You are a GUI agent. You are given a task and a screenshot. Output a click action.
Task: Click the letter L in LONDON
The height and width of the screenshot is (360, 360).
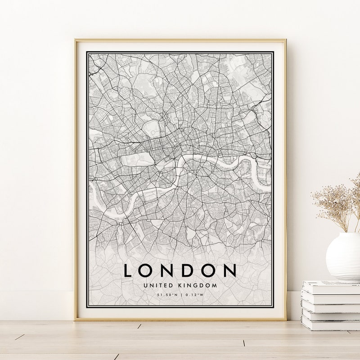(128, 270)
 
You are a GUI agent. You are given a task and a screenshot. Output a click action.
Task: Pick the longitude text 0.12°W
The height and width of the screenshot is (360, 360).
(194, 295)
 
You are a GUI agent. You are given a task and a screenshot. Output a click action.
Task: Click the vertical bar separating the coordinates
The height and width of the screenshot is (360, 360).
(180, 295)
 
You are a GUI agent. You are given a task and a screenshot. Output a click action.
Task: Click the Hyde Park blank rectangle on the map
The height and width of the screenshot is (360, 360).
(139, 158)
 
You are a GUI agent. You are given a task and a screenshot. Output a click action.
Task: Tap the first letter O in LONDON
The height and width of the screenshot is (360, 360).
(147, 270)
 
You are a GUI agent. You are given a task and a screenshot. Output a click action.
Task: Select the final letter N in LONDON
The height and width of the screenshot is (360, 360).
(230, 270)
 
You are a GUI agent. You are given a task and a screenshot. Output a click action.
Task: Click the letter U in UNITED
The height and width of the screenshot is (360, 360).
(145, 285)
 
